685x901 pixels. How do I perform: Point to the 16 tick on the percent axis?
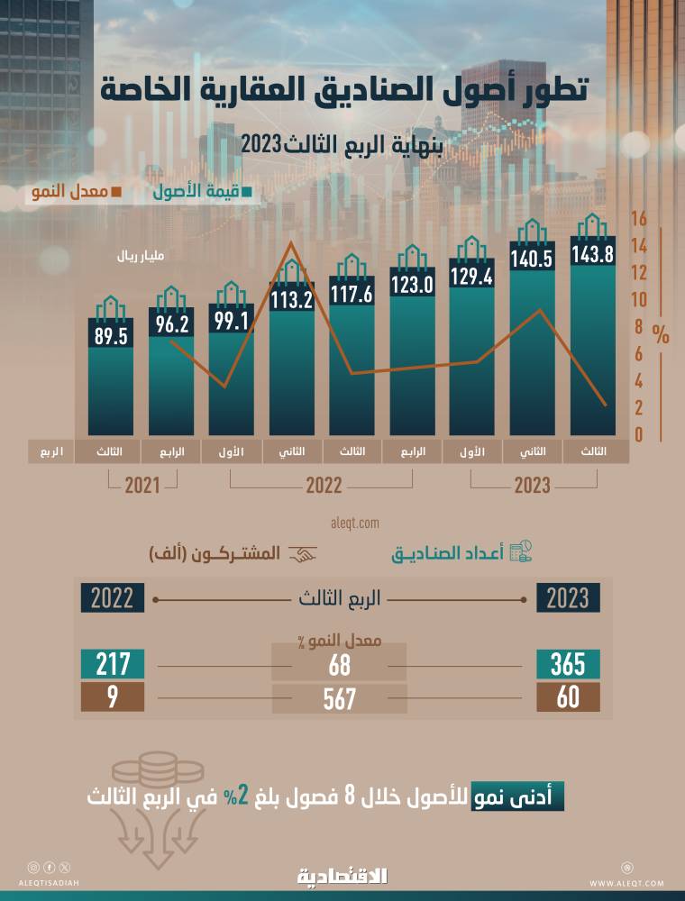tap(639, 219)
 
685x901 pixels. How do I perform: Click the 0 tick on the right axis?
tap(639, 435)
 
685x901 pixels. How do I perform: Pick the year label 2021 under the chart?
tap(142, 487)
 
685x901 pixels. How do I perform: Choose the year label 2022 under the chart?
tap(324, 487)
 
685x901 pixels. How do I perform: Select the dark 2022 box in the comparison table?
tap(112, 597)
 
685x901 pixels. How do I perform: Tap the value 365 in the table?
tap(568, 665)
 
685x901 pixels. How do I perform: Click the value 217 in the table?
tap(112, 665)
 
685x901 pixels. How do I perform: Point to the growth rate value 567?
tap(338, 698)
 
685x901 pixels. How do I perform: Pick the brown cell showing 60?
tap(568, 698)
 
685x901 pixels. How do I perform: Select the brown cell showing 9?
tap(112, 698)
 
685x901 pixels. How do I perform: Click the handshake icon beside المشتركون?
tap(302, 554)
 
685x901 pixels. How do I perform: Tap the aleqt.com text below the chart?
tap(356, 523)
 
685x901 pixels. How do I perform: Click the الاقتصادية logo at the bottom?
tap(342, 875)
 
